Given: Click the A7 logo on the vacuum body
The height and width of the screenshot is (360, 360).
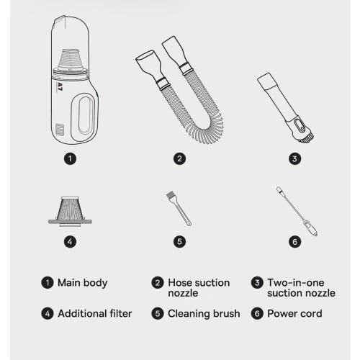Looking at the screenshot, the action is pyautogui.click(x=60, y=87).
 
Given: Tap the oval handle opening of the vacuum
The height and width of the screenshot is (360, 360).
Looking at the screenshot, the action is pyautogui.click(x=85, y=114).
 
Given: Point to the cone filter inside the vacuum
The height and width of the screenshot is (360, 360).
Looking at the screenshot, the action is pyautogui.click(x=70, y=60).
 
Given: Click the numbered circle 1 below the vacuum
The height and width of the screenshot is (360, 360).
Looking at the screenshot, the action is pyautogui.click(x=70, y=158).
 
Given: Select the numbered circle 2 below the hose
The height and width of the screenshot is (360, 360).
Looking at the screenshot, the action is pyautogui.click(x=179, y=158).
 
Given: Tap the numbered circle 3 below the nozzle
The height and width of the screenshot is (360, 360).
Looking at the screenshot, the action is pyautogui.click(x=294, y=158).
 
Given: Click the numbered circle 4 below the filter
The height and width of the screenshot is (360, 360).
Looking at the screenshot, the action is pyautogui.click(x=70, y=242).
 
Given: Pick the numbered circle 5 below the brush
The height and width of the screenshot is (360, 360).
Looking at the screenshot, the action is pyautogui.click(x=179, y=242).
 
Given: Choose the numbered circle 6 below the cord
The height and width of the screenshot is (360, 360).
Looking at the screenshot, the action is pyautogui.click(x=294, y=242).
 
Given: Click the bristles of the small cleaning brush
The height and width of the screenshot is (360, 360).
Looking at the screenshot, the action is pyautogui.click(x=171, y=195).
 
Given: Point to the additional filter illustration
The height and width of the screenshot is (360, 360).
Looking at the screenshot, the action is pyautogui.click(x=70, y=211).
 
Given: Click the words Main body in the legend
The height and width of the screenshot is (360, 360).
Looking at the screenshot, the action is pyautogui.click(x=83, y=283).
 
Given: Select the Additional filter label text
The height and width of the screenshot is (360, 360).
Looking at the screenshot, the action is pyautogui.click(x=95, y=314).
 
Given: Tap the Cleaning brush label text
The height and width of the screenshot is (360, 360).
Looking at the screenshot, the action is pyautogui.click(x=204, y=314).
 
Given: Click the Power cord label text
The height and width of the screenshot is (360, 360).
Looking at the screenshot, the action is pyautogui.click(x=294, y=314).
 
